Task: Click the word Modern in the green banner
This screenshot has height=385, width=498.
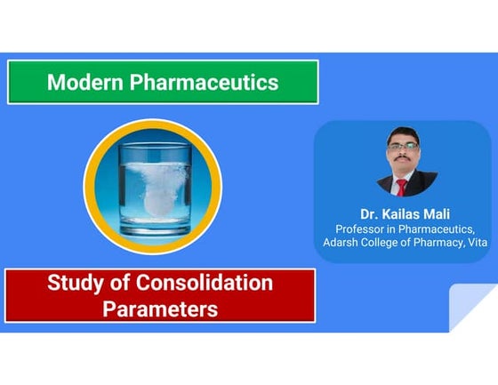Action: coord(85,83)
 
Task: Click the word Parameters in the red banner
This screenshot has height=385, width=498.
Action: coord(160,309)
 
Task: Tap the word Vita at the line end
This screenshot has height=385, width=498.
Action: coord(477,244)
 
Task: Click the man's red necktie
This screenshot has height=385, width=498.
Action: coord(402,186)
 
